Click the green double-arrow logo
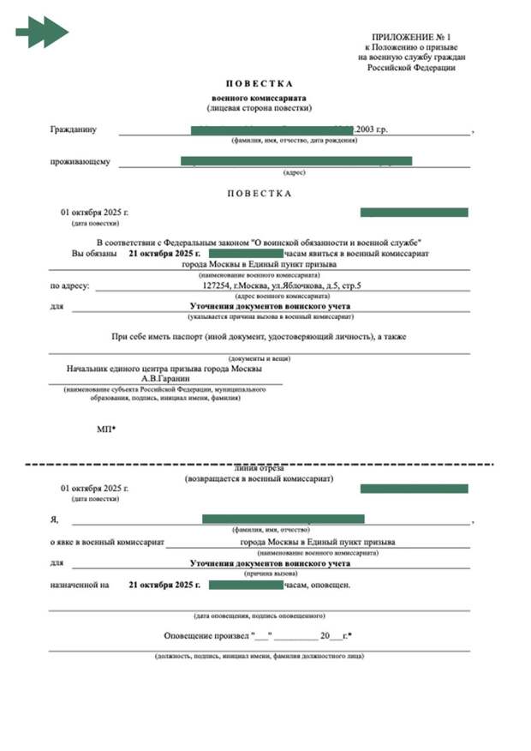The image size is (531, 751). pyautogui.click(x=42, y=33)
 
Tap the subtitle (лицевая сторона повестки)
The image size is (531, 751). pyautogui.click(x=259, y=109)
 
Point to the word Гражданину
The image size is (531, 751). pyautogui.click(x=73, y=130)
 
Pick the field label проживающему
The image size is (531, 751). pyautogui.click(x=80, y=161)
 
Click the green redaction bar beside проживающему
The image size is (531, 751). pyautogui.click(x=295, y=161)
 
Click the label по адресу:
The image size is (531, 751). pyautogui.click(x=69, y=286)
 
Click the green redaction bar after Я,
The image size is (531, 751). pyautogui.click(x=283, y=519)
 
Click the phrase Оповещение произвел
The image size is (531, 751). pyautogui.click(x=206, y=636)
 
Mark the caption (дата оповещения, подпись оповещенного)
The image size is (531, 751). pyautogui.click(x=260, y=616)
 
